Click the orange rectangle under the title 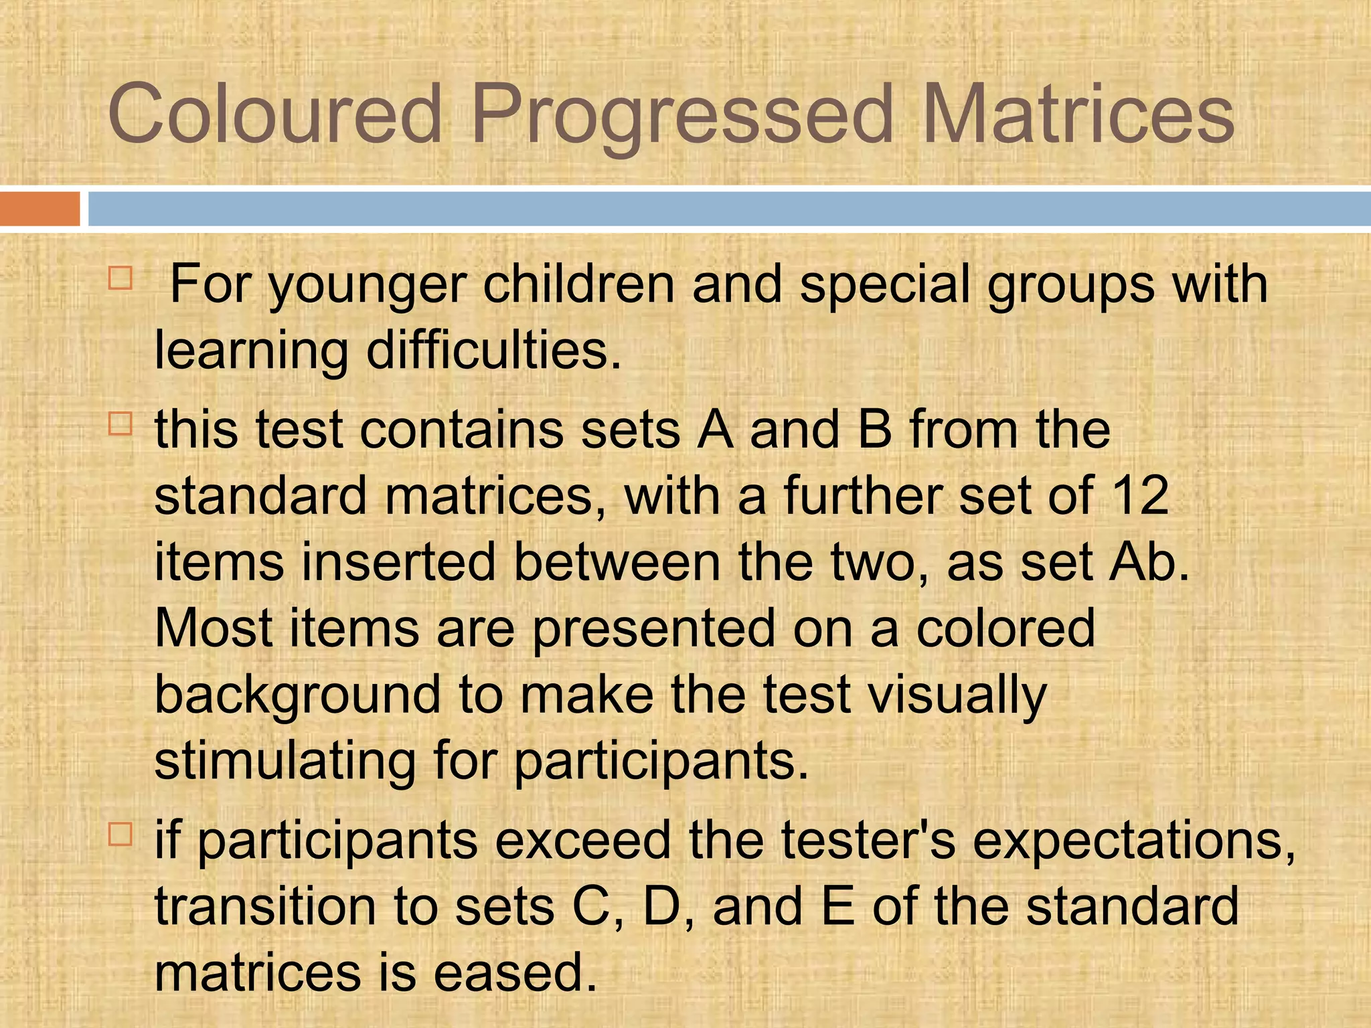click(x=39, y=209)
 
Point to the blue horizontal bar click(x=729, y=209)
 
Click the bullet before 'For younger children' click(x=120, y=278)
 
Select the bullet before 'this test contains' click(x=120, y=424)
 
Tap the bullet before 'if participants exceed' click(x=120, y=834)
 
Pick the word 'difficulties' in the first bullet click(x=493, y=351)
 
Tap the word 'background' click(x=298, y=696)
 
